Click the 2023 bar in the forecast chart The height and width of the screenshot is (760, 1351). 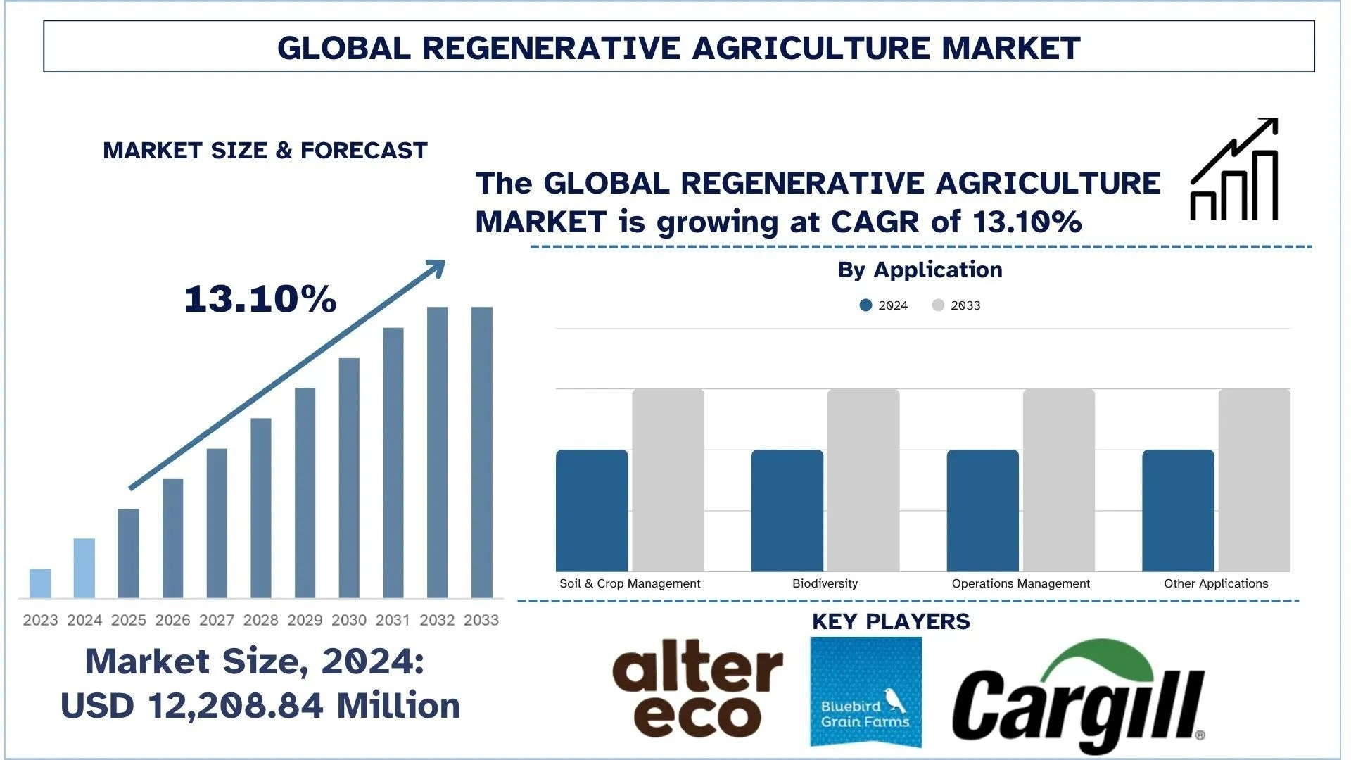pyautogui.click(x=40, y=583)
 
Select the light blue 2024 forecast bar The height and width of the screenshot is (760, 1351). pyautogui.click(x=84, y=568)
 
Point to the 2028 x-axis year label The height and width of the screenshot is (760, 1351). pyautogui.click(x=261, y=620)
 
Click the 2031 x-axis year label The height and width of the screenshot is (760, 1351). pyautogui.click(x=393, y=620)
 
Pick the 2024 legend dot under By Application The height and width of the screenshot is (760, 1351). pyautogui.click(x=866, y=305)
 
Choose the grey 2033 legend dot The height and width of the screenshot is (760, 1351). pyautogui.click(x=938, y=305)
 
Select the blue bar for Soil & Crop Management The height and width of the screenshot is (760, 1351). pyautogui.click(x=592, y=511)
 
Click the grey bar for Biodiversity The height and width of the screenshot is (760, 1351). pyautogui.click(x=863, y=480)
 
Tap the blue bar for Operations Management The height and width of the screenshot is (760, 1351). pyautogui.click(x=983, y=511)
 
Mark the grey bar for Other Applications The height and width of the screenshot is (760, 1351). pyautogui.click(x=1255, y=480)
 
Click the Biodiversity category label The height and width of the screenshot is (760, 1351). pyautogui.click(x=825, y=583)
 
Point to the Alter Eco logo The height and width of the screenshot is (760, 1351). pyautogui.click(x=697, y=688)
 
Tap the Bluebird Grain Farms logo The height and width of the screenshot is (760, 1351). pyautogui.click(x=865, y=691)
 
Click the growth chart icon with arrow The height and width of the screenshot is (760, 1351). pyautogui.click(x=1234, y=170)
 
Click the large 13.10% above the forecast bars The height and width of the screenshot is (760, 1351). pyautogui.click(x=260, y=299)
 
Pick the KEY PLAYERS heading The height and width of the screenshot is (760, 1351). pyautogui.click(x=891, y=622)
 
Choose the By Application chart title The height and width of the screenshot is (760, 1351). pyautogui.click(x=920, y=270)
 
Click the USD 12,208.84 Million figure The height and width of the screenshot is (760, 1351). pyautogui.click(x=260, y=706)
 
